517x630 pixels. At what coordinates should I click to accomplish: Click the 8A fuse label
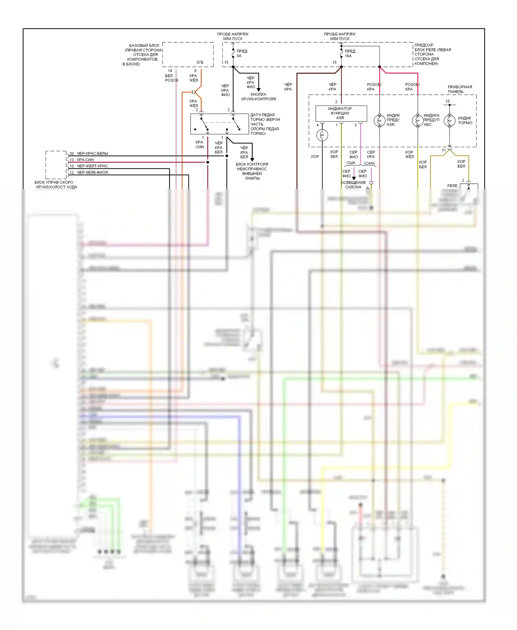click(239, 56)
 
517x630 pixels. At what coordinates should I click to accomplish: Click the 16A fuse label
click(348, 56)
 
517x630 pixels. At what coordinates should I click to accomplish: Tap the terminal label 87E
click(200, 62)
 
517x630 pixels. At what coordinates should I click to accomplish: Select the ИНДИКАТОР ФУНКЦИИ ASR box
click(341, 113)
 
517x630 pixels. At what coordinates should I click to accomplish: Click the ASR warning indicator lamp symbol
click(379, 120)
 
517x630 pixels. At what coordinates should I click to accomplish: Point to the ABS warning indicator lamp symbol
click(417, 120)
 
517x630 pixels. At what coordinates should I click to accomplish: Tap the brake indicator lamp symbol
click(449, 120)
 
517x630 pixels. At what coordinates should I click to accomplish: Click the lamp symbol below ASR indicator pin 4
click(322, 135)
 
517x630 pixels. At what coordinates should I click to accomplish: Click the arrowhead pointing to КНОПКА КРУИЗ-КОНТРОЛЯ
click(258, 90)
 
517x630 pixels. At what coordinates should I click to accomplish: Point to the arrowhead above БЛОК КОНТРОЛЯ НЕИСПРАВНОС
click(252, 159)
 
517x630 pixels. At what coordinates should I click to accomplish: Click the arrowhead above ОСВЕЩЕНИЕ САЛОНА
click(354, 178)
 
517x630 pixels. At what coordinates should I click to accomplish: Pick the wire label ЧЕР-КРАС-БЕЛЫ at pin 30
click(92, 153)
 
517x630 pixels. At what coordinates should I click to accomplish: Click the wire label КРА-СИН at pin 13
click(85, 160)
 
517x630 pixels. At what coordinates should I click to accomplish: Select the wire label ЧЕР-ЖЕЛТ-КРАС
click(92, 166)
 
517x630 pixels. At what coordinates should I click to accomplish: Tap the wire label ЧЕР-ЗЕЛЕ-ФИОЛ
click(92, 172)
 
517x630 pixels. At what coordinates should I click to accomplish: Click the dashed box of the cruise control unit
click(56, 165)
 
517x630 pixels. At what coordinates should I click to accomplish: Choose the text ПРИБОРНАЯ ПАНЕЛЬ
click(459, 89)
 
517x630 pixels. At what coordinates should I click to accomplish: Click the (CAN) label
click(369, 163)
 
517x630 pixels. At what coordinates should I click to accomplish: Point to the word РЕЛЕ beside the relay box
click(452, 186)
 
